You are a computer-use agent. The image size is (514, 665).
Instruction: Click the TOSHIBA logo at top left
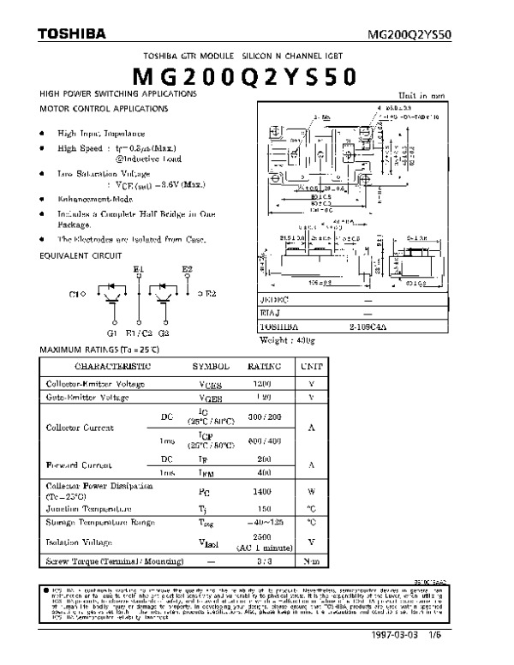(71, 34)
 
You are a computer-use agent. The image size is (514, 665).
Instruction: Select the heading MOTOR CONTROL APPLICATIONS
(105, 110)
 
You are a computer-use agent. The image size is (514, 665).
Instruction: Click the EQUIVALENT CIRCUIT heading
(81, 255)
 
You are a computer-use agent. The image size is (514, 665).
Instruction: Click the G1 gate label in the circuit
(112, 332)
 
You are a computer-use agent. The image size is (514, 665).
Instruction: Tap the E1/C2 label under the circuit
(139, 332)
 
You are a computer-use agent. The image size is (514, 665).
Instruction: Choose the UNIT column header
(311, 366)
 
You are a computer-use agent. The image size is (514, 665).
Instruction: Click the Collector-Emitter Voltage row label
(94, 383)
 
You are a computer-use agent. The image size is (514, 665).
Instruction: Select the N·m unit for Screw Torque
(311, 561)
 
